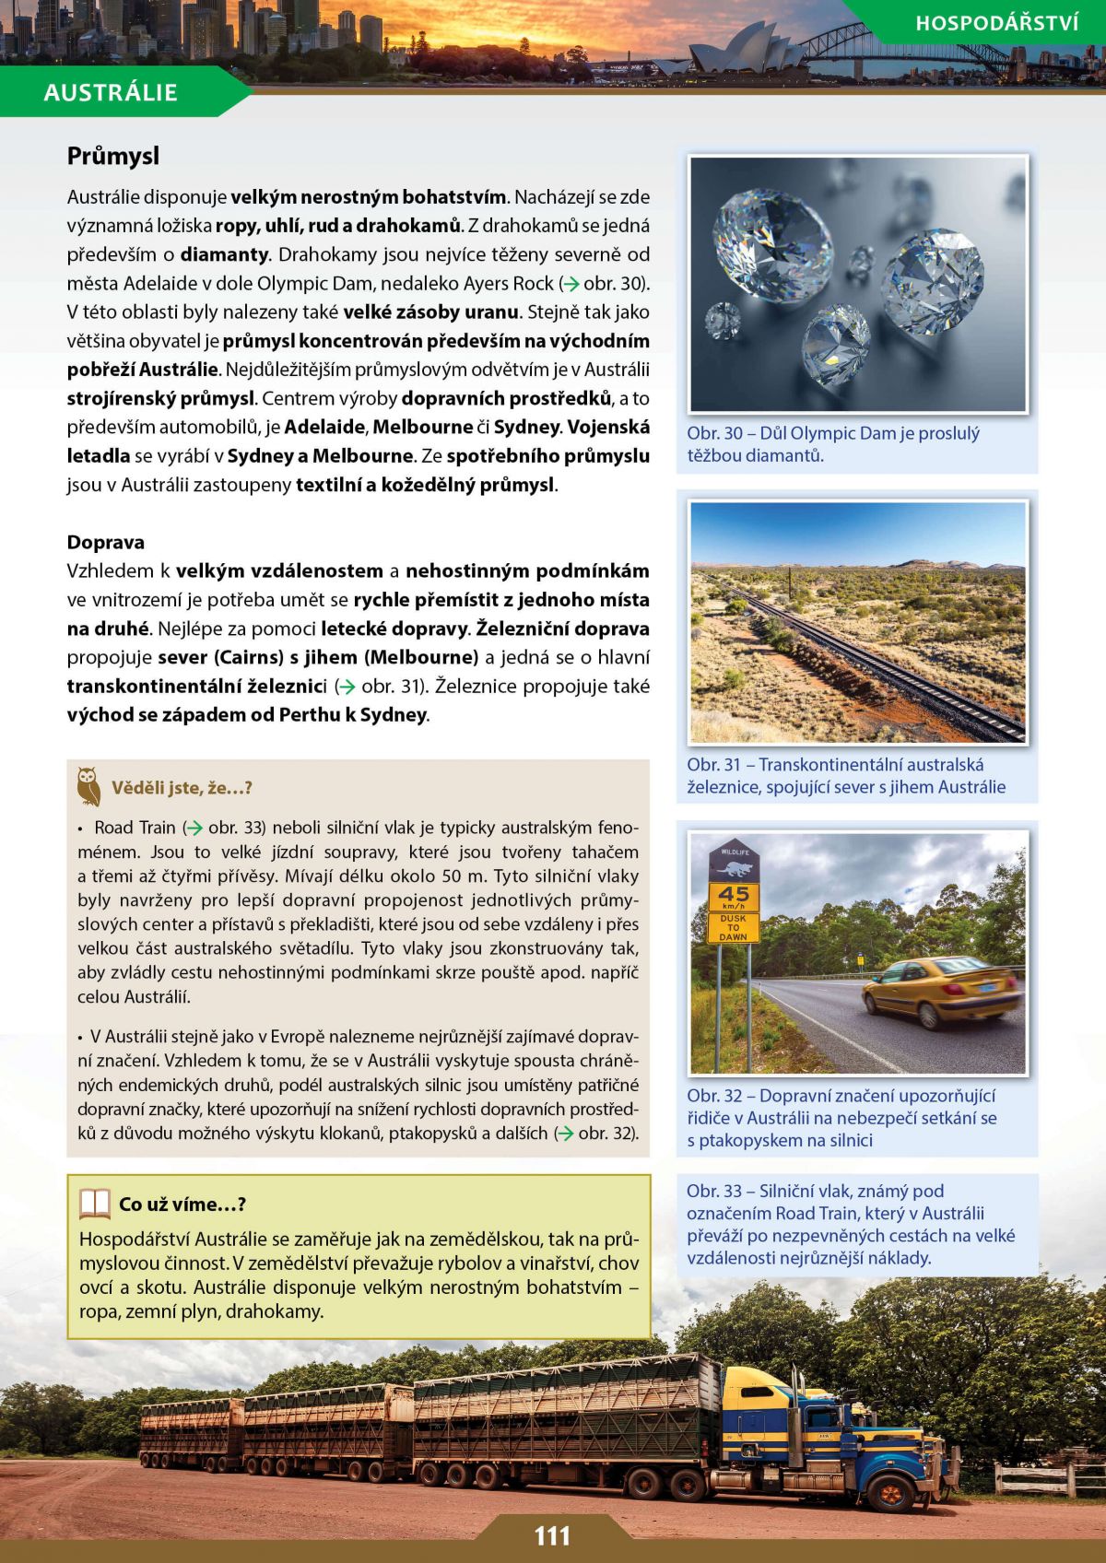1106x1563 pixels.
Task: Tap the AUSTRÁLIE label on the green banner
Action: (x=110, y=92)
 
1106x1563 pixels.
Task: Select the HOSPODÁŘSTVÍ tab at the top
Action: (x=996, y=23)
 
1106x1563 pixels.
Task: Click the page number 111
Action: (x=552, y=1535)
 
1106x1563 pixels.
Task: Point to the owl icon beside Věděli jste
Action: (x=88, y=785)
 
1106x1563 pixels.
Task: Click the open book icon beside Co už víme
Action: (x=94, y=1204)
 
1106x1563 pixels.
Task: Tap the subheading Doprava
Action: (x=105, y=542)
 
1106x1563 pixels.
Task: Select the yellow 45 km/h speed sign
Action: (x=734, y=895)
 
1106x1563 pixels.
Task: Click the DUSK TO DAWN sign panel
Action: (x=734, y=927)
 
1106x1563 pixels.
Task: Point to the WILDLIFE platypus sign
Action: (x=734, y=861)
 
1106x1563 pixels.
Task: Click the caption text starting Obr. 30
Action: (x=832, y=444)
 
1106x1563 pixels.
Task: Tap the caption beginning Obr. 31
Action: (x=846, y=776)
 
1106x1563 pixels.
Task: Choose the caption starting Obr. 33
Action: (x=850, y=1224)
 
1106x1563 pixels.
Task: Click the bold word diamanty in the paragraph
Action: (x=224, y=254)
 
